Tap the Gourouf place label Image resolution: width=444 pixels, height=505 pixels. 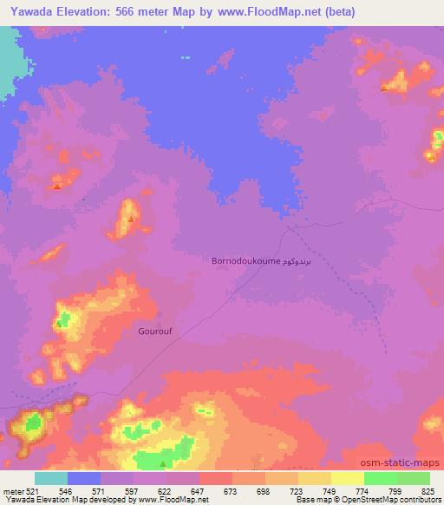coord(155,331)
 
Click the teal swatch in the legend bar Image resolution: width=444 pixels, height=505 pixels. coord(50,478)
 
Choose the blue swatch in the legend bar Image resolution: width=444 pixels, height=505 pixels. coord(83,478)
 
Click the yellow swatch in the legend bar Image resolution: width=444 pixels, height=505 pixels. coord(347,478)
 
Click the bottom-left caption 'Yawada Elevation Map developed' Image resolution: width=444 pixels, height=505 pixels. coord(61,500)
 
